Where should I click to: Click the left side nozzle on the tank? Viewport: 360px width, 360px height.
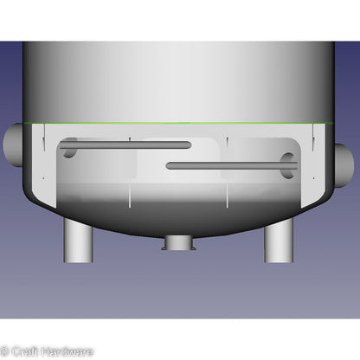(13, 145)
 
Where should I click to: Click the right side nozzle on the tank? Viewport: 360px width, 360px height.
(344, 165)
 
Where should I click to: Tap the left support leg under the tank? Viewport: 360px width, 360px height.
(78, 241)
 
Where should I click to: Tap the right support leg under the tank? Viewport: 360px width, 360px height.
(279, 241)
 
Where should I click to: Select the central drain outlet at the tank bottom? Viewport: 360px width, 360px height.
(179, 243)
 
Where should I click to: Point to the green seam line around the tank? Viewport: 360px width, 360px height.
(178, 123)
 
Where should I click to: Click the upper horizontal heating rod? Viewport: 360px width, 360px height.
(125, 145)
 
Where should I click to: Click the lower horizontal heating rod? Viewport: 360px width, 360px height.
(232, 165)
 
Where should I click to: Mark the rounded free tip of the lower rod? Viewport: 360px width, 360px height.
(169, 165)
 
